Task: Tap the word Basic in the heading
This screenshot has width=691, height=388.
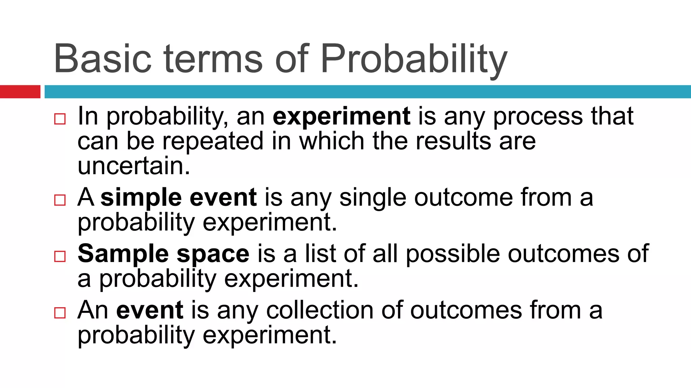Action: pos(103,59)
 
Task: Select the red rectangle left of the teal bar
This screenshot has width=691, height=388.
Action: pos(20,92)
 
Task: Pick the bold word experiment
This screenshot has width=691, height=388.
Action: pos(341,116)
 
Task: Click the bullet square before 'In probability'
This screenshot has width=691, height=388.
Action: pos(60,119)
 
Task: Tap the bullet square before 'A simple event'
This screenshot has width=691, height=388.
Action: pos(60,200)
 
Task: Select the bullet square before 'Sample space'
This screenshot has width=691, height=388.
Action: pos(60,256)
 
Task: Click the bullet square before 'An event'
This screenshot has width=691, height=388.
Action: pos(60,313)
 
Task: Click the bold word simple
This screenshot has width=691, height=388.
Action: pos(141,198)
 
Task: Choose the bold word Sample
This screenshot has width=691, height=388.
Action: pos(123,254)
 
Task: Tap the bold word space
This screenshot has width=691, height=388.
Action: pos(213,254)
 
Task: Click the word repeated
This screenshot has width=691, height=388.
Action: pos(213,141)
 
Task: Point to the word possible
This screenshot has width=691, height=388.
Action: pos(452,254)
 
